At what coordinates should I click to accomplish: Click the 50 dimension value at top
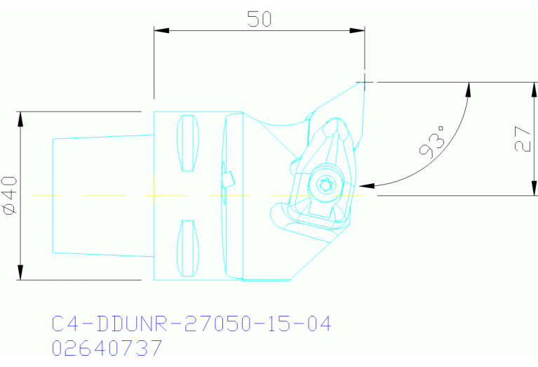tap(259, 19)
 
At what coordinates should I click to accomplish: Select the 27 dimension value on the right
tap(521, 138)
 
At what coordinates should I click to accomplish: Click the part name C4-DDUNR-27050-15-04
tap(191, 324)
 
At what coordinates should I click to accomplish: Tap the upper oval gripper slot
tap(187, 142)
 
